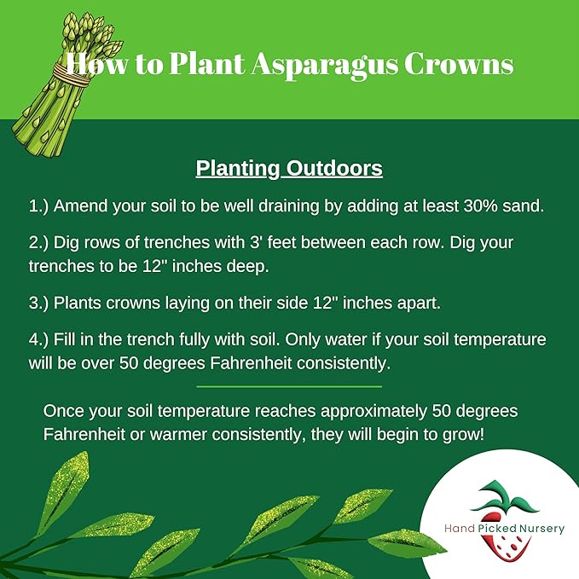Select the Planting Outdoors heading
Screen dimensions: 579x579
click(x=289, y=168)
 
